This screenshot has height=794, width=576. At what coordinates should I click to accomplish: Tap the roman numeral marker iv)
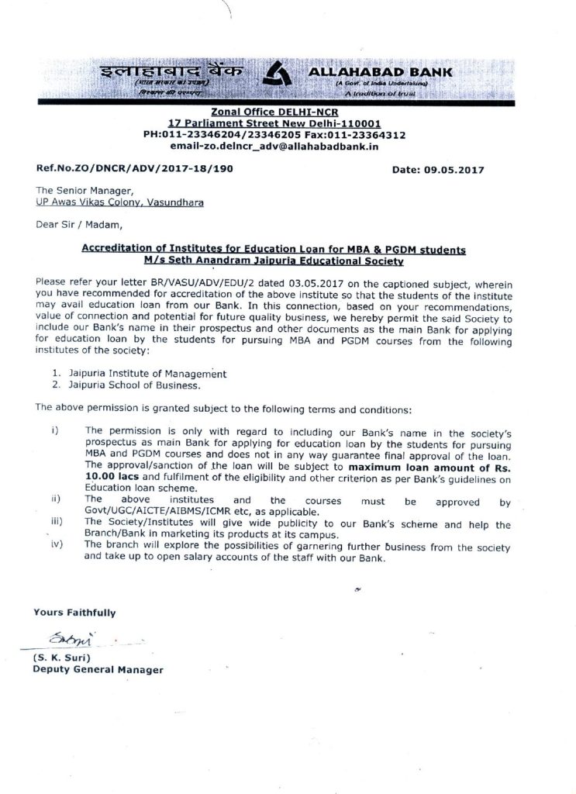[x=56, y=547]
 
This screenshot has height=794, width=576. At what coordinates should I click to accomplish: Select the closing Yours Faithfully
[x=74, y=612]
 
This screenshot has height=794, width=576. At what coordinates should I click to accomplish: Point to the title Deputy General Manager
[x=98, y=668]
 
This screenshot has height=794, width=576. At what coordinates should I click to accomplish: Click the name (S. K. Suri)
[x=63, y=658]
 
